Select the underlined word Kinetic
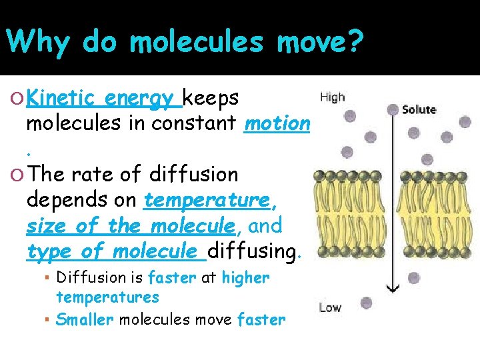tap(63, 99)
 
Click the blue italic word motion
tap(277, 123)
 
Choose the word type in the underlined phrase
tap(48, 251)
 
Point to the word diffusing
tap(253, 251)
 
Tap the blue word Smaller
tap(85, 319)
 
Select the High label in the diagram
tap(333, 97)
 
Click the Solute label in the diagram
tap(419, 109)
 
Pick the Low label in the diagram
tap(330, 307)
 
